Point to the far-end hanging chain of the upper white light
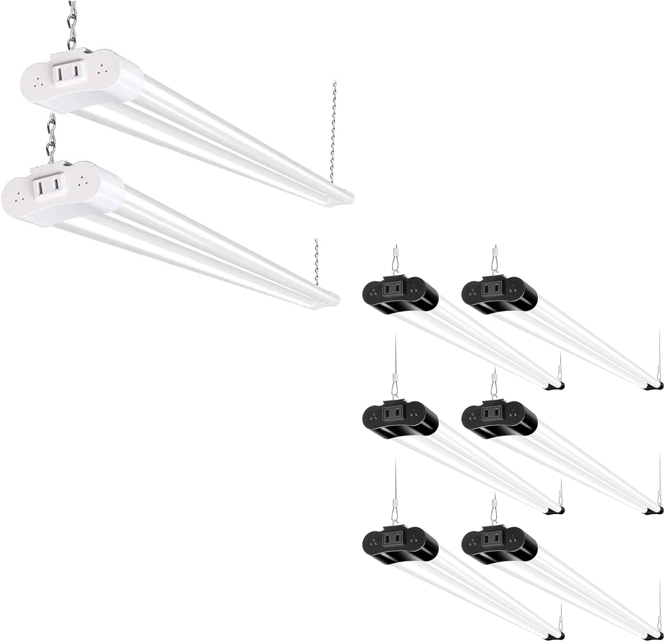tap(333, 133)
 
